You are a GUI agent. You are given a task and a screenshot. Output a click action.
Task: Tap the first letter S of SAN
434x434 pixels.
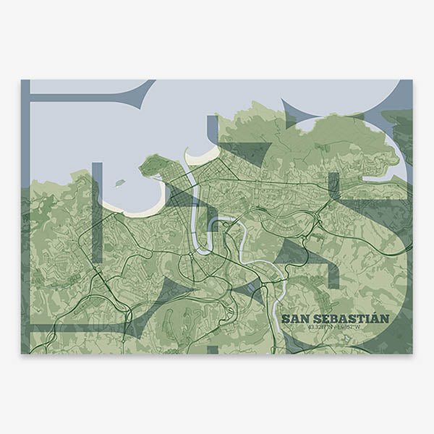point(286,318)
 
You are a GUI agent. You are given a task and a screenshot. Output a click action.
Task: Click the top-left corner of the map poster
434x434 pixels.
point(21,80)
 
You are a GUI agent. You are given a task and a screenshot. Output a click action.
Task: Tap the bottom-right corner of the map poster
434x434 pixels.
point(413,354)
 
